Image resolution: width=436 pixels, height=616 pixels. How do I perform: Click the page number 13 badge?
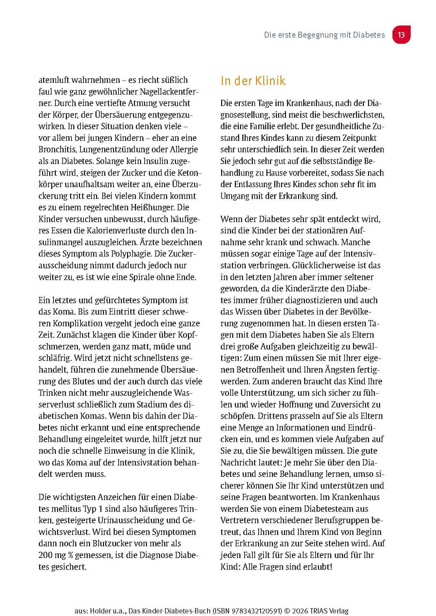(401, 35)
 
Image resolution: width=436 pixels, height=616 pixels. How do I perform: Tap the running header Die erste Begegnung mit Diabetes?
(324, 35)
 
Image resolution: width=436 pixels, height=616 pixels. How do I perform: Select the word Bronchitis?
(55, 149)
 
